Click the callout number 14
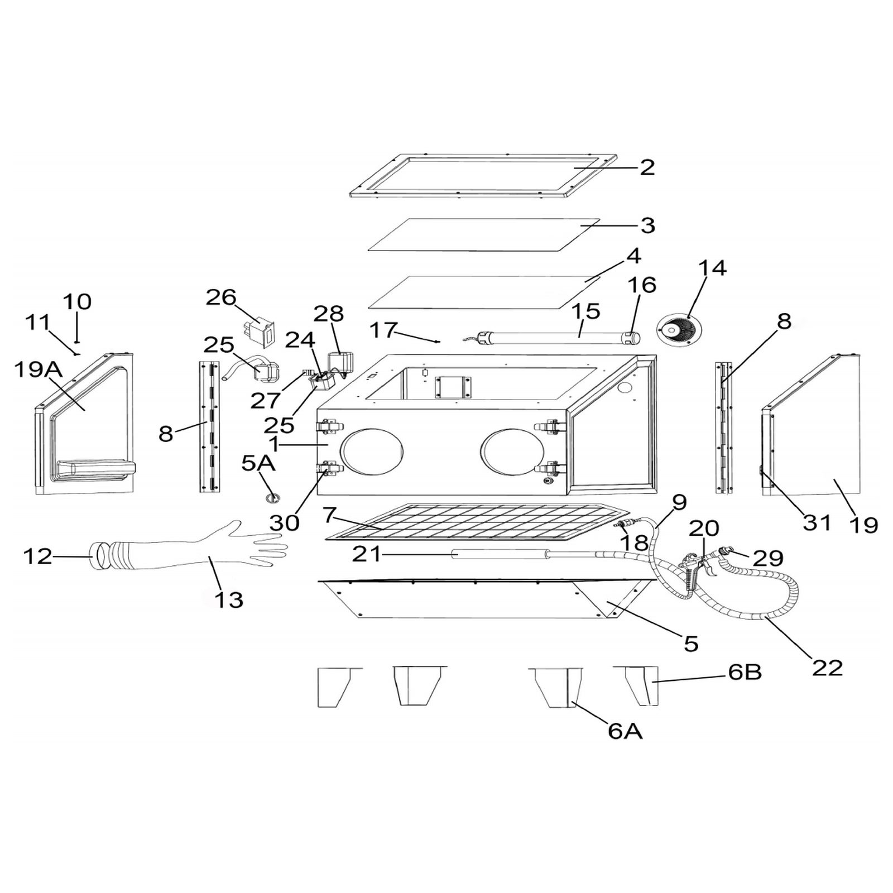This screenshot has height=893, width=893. point(712,268)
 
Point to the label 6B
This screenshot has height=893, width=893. point(745,672)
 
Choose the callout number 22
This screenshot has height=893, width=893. point(827,668)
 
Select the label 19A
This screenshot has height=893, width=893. point(36,369)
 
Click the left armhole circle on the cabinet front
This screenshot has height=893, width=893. point(373,452)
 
